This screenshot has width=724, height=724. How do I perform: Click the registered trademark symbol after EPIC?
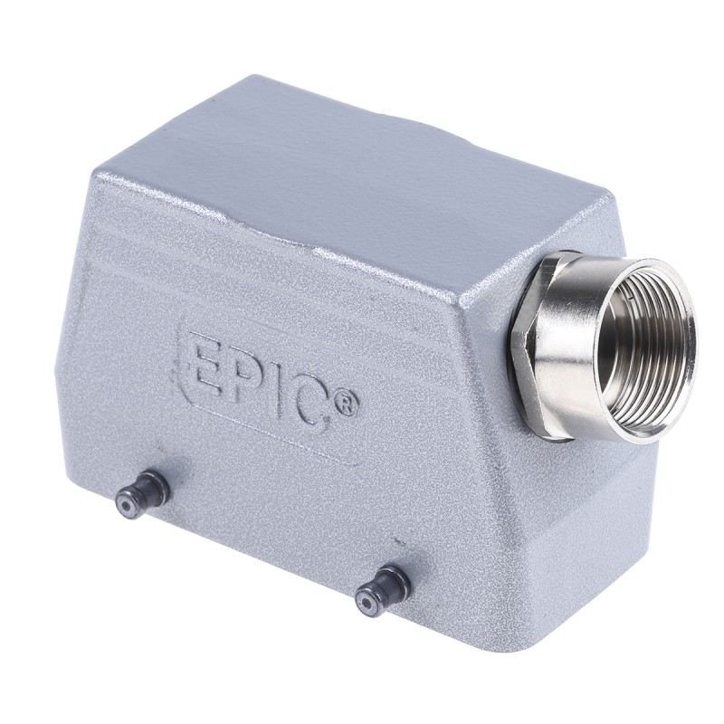coord(346,405)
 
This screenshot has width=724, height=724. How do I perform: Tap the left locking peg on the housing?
coord(142,491)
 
